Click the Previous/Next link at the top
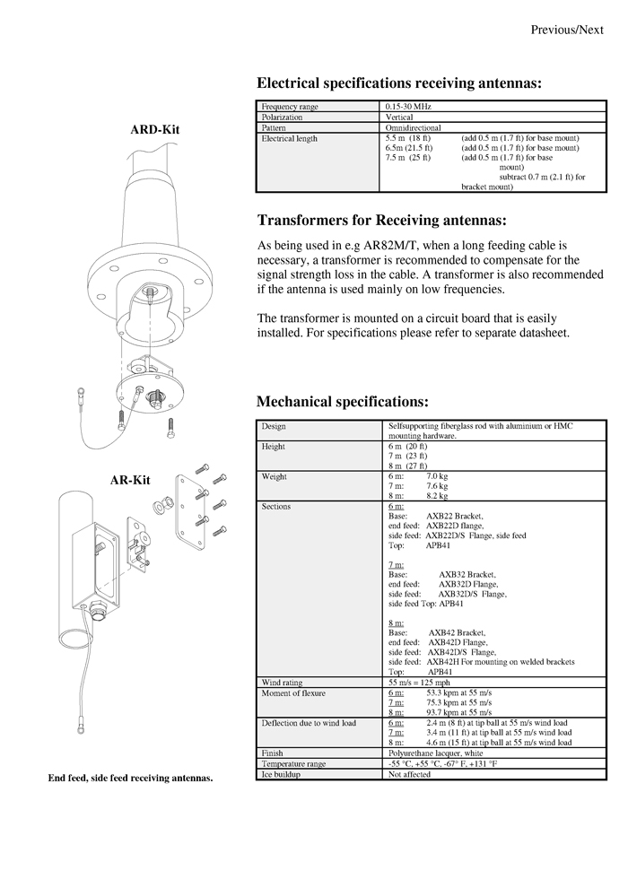[566, 30]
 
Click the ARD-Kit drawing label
[155, 129]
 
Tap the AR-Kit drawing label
[129, 480]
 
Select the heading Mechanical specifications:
[343, 401]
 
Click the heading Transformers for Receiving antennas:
[381, 221]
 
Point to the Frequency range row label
[289, 108]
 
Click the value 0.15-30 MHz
[408, 108]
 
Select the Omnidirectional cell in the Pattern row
[413, 128]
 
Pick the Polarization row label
[282, 118]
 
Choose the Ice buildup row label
[281, 773]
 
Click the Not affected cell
[409, 773]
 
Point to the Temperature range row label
[293, 763]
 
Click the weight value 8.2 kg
[437, 495]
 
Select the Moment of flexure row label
[293, 693]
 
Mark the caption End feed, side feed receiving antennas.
[130, 778]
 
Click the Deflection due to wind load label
[309, 723]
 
